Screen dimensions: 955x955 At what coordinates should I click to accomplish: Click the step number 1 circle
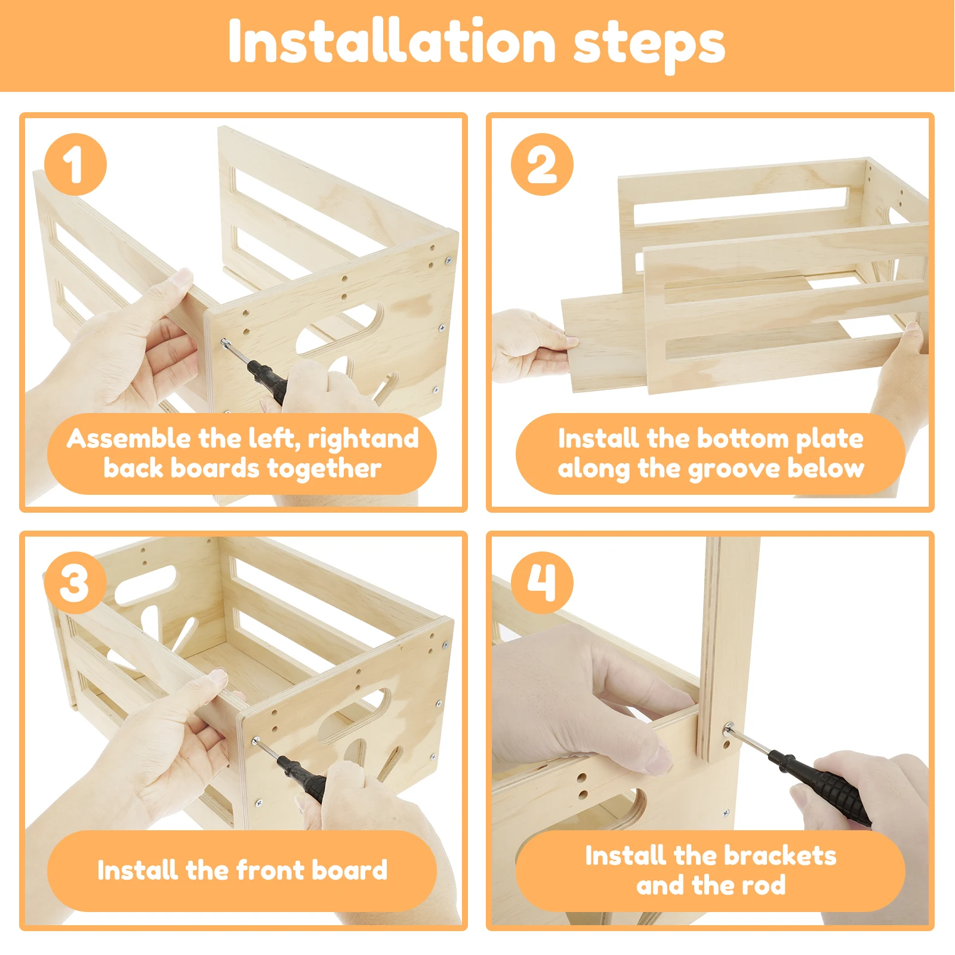(x=75, y=164)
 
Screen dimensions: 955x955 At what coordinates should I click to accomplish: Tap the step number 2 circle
(x=542, y=164)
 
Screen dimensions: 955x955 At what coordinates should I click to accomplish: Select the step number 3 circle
(x=75, y=583)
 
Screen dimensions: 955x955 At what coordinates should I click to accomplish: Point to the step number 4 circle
(x=542, y=583)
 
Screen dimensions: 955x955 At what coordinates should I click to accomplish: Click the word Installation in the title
(x=392, y=41)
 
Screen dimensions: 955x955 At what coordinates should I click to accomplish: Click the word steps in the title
(x=649, y=45)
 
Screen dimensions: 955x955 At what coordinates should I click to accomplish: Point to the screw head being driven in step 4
(x=729, y=729)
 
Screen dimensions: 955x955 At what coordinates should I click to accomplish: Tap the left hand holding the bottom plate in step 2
(x=531, y=345)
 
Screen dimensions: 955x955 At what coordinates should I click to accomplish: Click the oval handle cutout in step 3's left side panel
(x=146, y=584)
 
